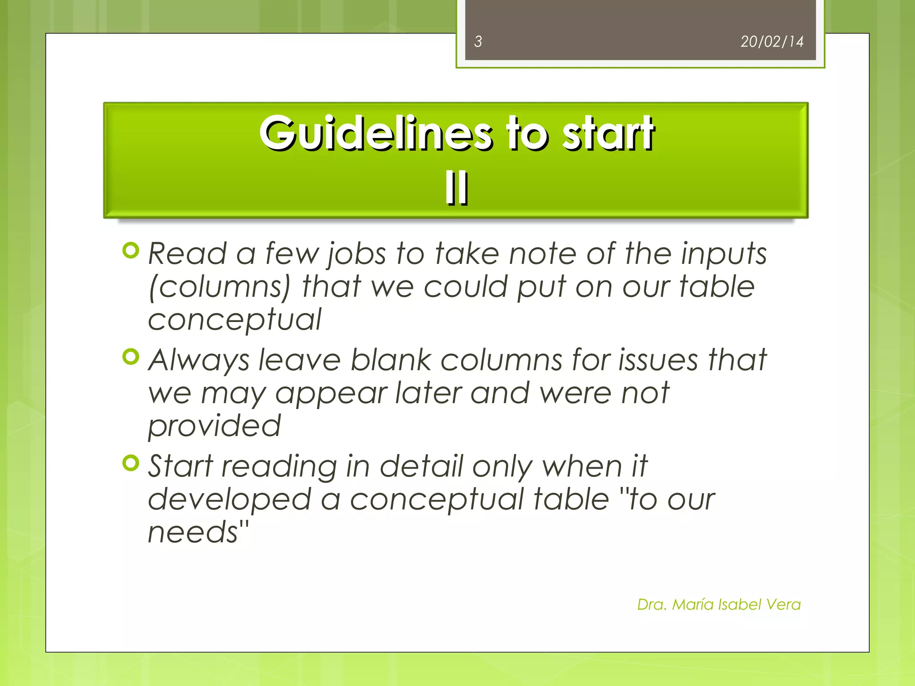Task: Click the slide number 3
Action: coord(478,42)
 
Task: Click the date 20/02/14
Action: coord(772,42)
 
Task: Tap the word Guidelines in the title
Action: coord(376,134)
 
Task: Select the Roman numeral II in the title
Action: coord(456,188)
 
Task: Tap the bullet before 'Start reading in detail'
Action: coord(131,463)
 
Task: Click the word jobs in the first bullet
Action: coord(356,254)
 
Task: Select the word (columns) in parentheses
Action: coord(219,287)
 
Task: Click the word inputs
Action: coord(723,254)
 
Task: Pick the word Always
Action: coord(198,360)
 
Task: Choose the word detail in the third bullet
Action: coord(421,466)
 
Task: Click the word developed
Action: coord(229,499)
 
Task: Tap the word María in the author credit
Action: coord(693,604)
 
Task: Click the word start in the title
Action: coord(608,134)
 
